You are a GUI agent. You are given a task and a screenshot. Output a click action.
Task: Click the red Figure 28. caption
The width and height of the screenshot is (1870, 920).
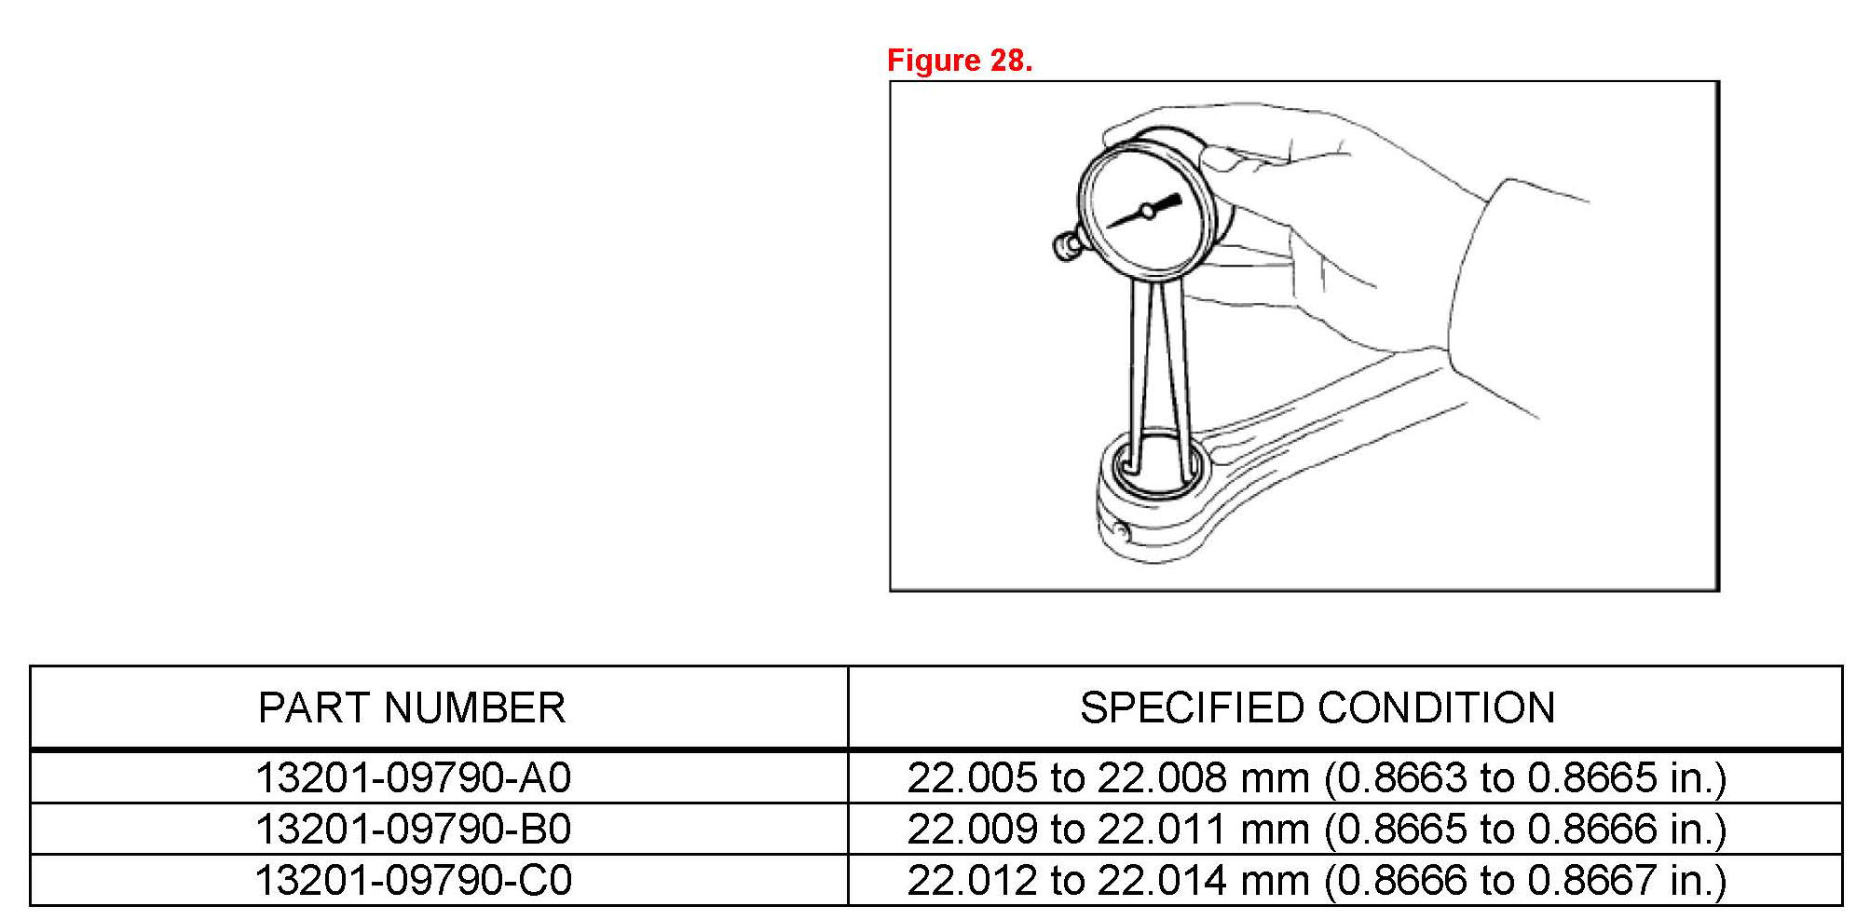click(x=960, y=61)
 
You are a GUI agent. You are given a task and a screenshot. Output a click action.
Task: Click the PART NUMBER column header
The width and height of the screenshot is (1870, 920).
click(x=412, y=708)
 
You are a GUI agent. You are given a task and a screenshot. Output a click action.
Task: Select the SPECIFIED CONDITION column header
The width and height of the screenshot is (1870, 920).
click(x=1317, y=708)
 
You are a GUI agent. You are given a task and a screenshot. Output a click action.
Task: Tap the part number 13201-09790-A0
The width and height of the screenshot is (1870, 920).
click(x=414, y=777)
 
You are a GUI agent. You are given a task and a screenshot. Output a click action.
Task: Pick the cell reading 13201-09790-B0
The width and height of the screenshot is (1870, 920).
click(x=414, y=829)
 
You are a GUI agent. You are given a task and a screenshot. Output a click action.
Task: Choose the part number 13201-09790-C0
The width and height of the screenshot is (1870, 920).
click(x=414, y=880)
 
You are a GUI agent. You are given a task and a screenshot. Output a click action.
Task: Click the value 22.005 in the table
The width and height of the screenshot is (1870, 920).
click(x=972, y=777)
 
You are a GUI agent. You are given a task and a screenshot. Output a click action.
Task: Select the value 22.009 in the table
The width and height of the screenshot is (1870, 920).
click(x=972, y=829)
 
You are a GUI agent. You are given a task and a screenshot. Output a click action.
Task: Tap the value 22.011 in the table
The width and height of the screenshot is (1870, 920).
click(x=1162, y=829)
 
